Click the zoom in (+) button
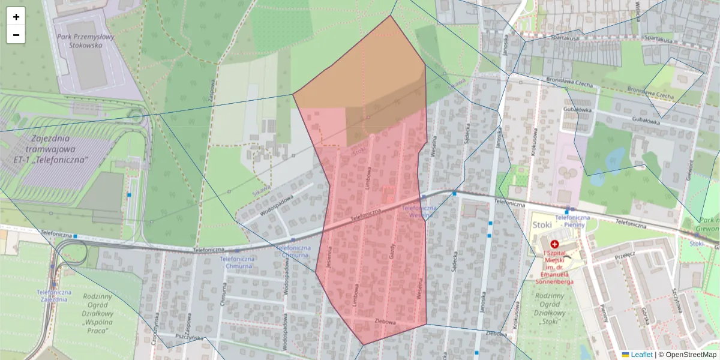(x=16, y=17)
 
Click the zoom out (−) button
(x=16, y=35)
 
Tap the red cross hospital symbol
(x=554, y=245)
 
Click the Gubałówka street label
(x=578, y=110)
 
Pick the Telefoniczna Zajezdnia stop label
(x=55, y=296)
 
